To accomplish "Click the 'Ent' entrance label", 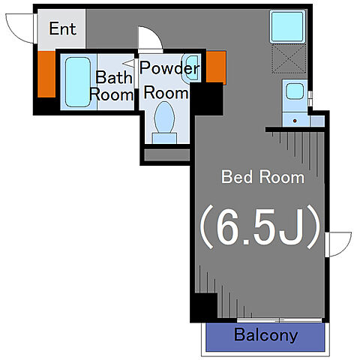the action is point(62,28).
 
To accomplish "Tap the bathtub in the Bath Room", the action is point(78,82).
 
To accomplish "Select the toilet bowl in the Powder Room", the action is point(164,117).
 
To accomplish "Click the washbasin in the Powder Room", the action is point(192,67).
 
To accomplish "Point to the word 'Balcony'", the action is point(265,335).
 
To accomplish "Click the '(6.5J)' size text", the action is point(259,227).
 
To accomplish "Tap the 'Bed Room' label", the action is point(262,177).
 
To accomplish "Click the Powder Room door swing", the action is point(151,38).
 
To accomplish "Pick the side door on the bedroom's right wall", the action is point(337,244).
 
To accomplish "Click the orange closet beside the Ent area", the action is point(46,74).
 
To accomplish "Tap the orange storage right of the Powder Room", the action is point(216,67).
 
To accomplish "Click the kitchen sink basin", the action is point(295,91).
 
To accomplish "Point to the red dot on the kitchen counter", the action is point(295,121).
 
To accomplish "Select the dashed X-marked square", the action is point(289,58).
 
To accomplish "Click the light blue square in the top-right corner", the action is point(288,27).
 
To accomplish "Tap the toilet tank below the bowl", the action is point(164,138).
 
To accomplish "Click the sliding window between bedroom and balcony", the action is point(279,320).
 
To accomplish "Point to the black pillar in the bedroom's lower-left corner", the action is point(205,305).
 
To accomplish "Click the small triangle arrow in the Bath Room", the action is point(129,63).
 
